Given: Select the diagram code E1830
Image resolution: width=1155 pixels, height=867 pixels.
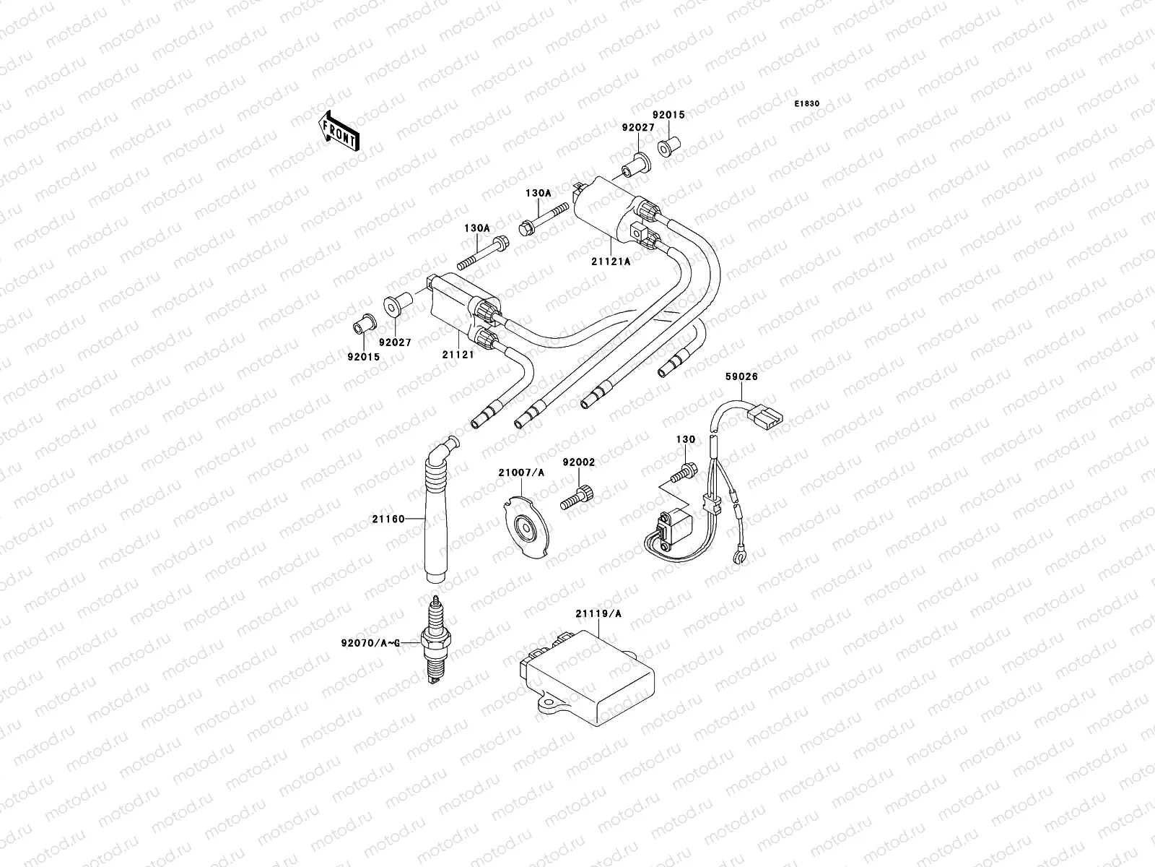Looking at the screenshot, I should click(807, 104).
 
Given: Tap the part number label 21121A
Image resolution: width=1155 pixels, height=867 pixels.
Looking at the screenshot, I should click(612, 262).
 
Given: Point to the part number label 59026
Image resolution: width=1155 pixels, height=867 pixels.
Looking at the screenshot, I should click(741, 376).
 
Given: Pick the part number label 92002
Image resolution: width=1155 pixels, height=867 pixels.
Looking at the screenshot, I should click(578, 460).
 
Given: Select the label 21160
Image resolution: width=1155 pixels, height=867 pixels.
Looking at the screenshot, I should click(388, 518).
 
